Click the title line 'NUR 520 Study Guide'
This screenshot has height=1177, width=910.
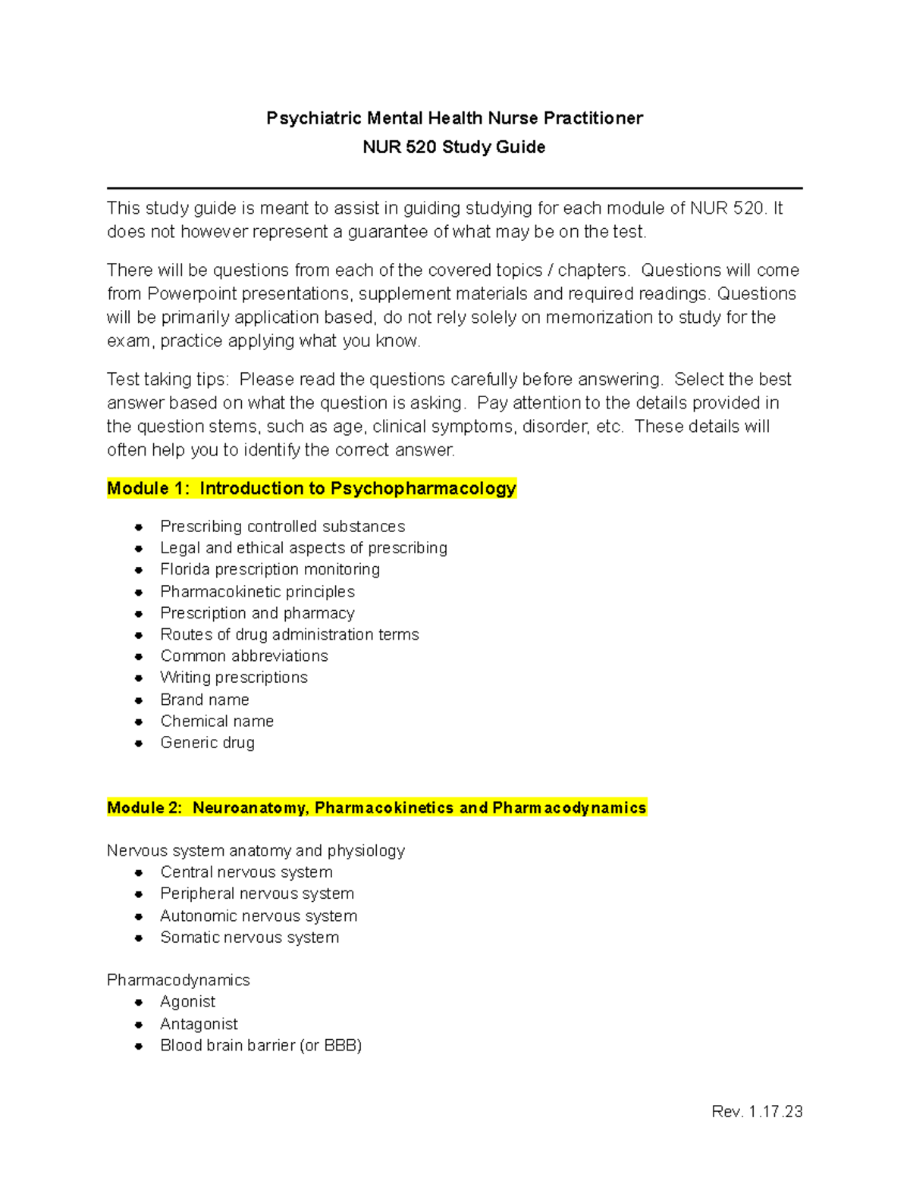pos(453,147)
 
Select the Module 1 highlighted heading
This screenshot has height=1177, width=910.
pos(312,489)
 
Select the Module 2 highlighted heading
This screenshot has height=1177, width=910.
pos(377,808)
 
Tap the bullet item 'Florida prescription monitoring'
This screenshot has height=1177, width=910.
pos(270,569)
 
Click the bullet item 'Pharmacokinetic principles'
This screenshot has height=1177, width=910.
pos(257,591)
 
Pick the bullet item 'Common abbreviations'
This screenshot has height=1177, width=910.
pos(244,656)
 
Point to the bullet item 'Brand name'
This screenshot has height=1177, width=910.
pos(205,700)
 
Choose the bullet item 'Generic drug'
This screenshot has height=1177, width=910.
pos(207,743)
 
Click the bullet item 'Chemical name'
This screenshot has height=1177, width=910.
pos(217,721)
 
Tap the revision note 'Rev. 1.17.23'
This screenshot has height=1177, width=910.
pos(757,1111)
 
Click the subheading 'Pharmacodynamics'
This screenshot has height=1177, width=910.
pos(178,980)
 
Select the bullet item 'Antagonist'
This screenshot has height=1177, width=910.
pos(199,1024)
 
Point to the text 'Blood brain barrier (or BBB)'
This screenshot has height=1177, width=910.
pos(261,1045)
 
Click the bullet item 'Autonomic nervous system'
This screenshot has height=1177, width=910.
pos(259,916)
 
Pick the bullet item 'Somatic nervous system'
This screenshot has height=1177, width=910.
pos(249,938)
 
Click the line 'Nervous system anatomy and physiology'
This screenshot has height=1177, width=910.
pos(256,850)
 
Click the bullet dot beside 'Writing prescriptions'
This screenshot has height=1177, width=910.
pos(139,678)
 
